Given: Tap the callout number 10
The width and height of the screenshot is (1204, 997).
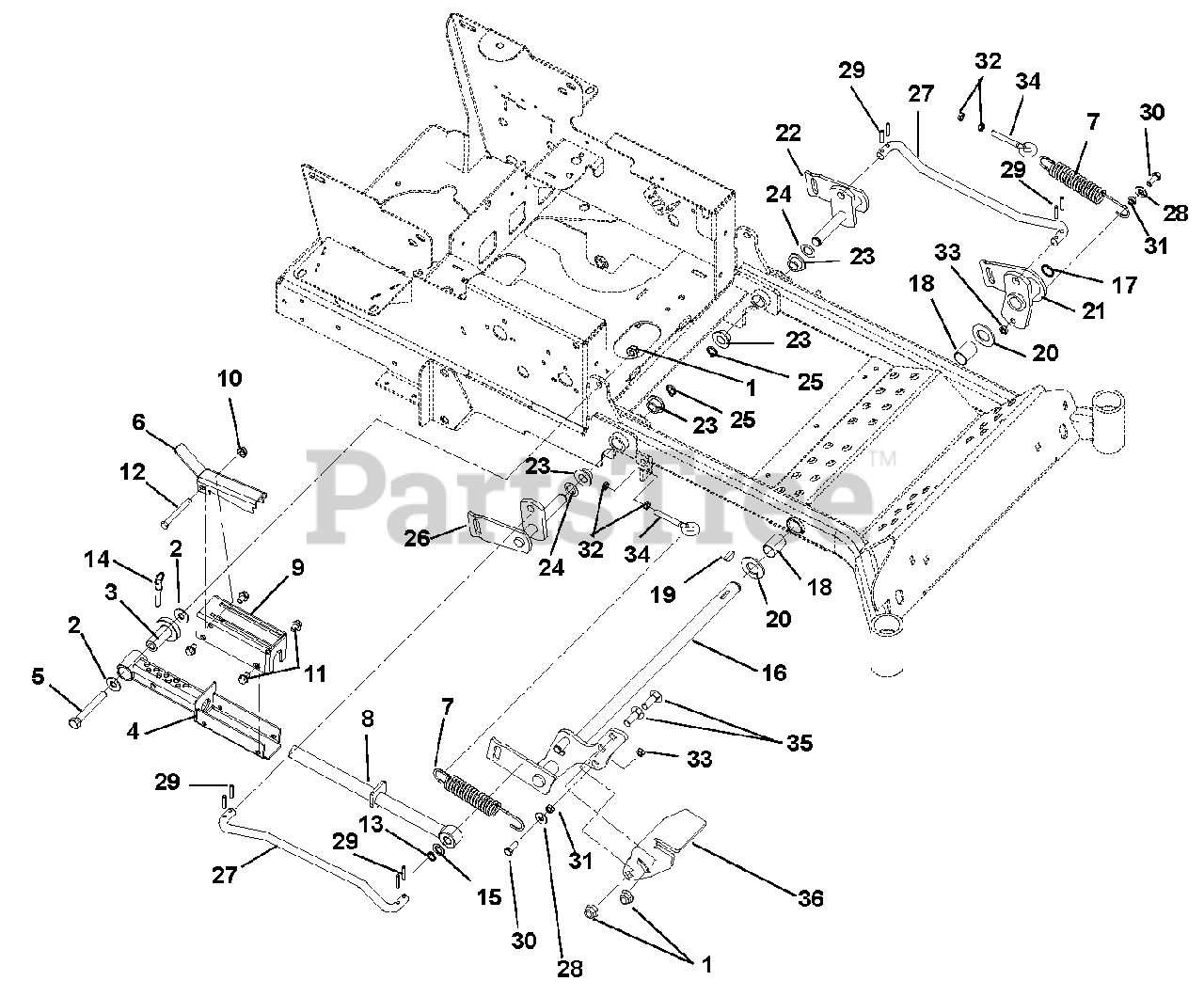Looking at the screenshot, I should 230,380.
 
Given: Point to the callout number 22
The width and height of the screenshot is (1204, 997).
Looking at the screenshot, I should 788,133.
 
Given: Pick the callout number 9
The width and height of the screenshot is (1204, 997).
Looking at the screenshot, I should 297,567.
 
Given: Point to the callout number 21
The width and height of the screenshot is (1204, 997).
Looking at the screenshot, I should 1093,311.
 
